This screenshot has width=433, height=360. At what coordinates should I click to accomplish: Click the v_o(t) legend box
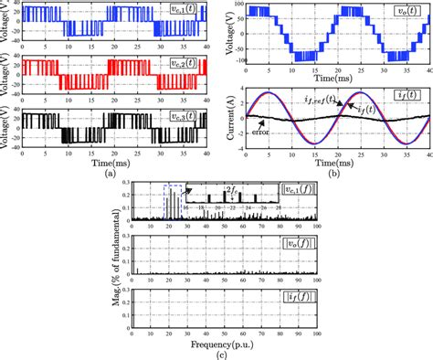click(x=405, y=14)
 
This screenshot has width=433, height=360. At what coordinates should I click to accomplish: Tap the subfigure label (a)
click(x=111, y=174)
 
